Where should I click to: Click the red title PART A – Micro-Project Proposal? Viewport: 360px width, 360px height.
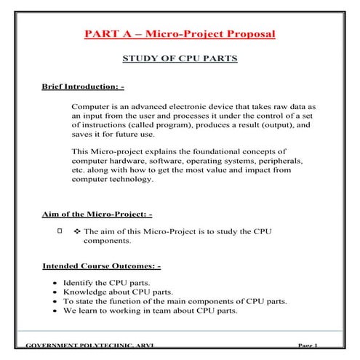tap(180, 34)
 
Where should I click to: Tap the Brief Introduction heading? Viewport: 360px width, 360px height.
tap(84, 87)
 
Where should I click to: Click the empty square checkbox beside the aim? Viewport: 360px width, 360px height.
tap(60, 231)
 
